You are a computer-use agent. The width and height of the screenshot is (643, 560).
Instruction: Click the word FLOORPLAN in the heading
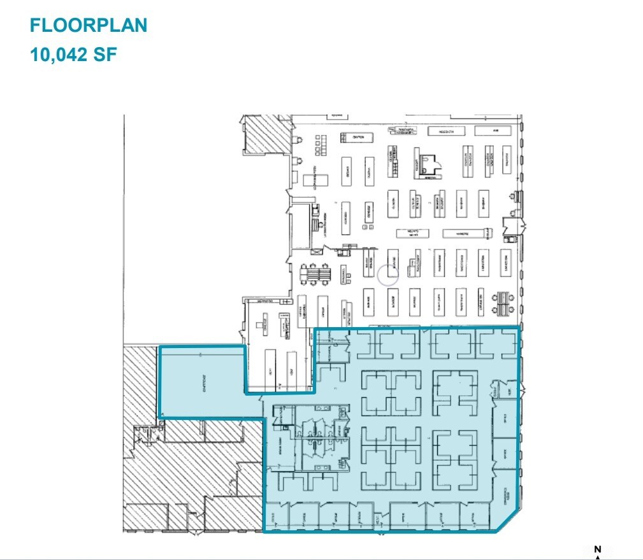(89, 25)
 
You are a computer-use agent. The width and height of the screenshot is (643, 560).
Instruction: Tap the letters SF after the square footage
(106, 53)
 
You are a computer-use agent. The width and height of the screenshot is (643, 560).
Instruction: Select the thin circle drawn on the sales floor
(387, 275)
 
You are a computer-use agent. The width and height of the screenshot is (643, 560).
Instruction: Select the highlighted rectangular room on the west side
(201, 382)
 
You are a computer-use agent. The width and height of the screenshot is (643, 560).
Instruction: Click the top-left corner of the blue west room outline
(159, 347)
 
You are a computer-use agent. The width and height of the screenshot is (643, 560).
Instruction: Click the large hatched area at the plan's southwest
(191, 477)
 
